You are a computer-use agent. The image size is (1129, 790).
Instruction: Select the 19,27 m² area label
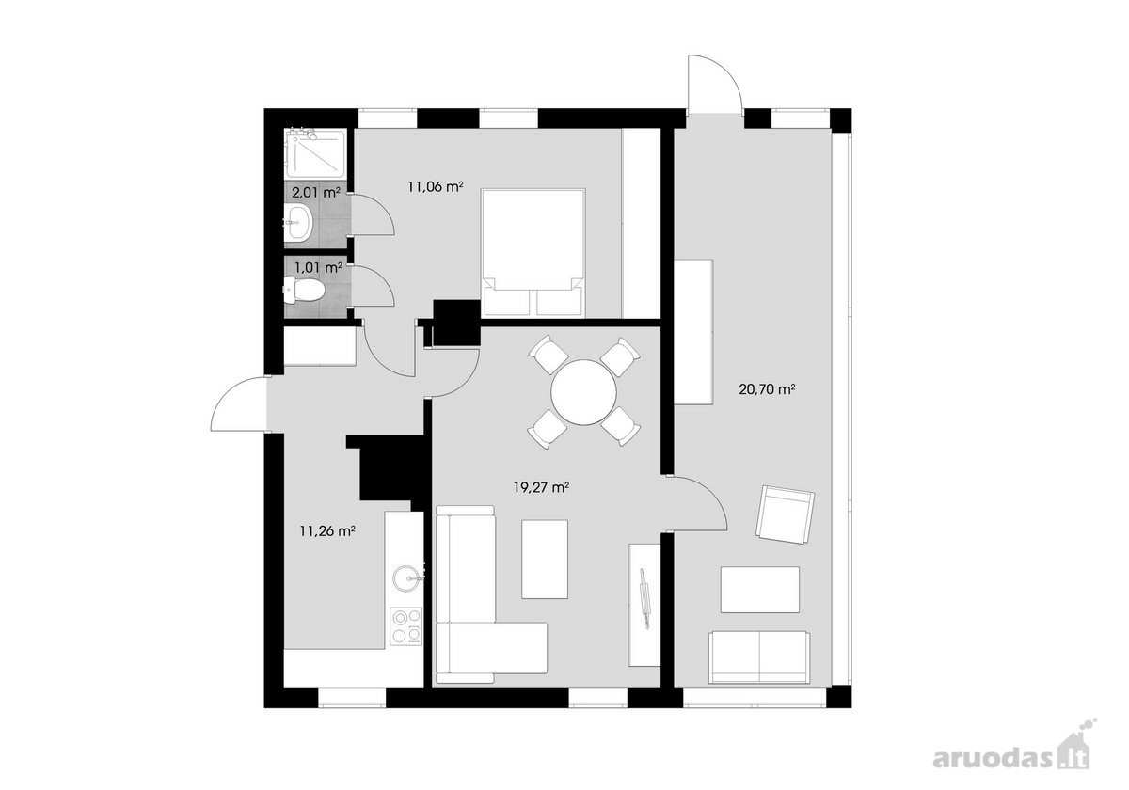point(542,488)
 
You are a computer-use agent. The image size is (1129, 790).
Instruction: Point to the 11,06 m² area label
point(436,187)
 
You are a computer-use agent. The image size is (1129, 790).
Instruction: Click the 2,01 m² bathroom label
point(316,192)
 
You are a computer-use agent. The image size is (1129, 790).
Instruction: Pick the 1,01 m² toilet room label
point(319,267)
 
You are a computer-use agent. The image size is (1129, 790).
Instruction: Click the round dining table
point(583,392)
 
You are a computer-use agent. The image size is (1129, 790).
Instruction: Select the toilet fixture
point(304,291)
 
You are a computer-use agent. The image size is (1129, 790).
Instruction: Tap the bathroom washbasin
point(299,222)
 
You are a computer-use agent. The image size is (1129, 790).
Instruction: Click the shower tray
point(315,153)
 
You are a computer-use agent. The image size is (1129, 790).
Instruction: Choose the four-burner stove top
point(405,626)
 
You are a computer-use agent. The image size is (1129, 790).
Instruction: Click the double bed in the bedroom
point(533,253)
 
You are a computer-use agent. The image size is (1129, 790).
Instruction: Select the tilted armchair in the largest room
point(786,515)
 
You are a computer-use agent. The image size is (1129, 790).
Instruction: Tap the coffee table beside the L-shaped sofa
point(545,560)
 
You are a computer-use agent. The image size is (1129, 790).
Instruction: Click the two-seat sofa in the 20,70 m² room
point(759,657)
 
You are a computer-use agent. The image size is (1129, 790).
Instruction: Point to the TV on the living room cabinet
point(644,599)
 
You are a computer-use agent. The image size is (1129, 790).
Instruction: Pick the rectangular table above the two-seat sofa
point(759,590)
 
